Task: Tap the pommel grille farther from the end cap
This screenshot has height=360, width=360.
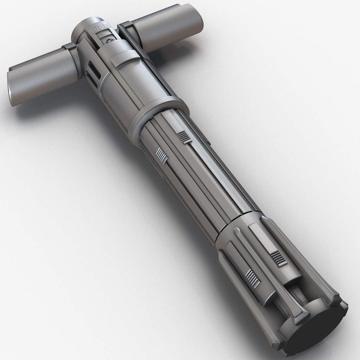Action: (x=278, y=259)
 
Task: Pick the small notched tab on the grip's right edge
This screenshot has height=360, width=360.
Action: (x=203, y=135)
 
